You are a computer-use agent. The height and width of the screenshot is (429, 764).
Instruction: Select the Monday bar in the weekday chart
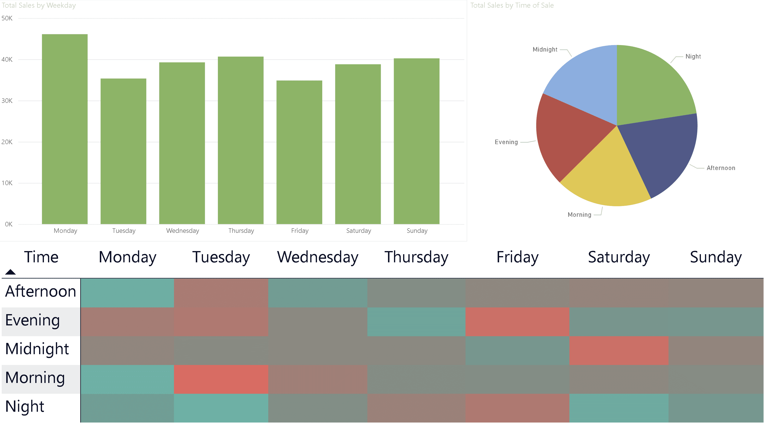coord(65,129)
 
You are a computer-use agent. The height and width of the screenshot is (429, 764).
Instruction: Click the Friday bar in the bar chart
coord(299,152)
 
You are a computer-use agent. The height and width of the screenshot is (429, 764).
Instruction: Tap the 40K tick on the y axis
coord(7,60)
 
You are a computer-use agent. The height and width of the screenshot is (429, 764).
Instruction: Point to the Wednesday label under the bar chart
coord(182,231)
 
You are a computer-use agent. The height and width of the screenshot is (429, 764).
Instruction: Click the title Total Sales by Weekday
coord(39,5)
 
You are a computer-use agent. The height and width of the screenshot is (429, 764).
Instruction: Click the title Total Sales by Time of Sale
coord(512,5)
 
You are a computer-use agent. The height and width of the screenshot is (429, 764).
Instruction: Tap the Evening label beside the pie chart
coord(506,142)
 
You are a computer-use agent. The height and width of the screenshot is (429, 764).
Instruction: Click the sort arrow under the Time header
coord(10,272)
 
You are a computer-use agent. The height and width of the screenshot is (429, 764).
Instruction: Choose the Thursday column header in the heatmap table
coord(416,257)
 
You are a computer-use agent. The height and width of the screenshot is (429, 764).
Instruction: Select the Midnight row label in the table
coord(37,349)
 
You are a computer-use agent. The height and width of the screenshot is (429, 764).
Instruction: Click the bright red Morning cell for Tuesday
coord(221,379)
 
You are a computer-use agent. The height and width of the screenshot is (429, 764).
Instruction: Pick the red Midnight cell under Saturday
coord(618,350)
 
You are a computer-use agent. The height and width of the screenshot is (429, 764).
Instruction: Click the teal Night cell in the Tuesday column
coord(221,408)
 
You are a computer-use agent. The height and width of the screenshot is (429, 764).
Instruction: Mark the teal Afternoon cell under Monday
coord(127,293)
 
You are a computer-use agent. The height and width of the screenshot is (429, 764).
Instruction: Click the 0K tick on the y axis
coord(9,224)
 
